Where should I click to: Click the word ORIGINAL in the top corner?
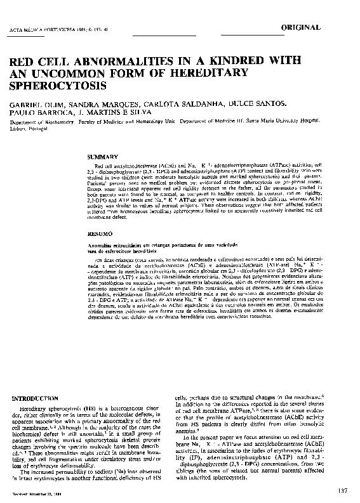pyautogui.click(x=323, y=29)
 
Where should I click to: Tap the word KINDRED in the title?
pyautogui.click(x=246, y=63)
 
